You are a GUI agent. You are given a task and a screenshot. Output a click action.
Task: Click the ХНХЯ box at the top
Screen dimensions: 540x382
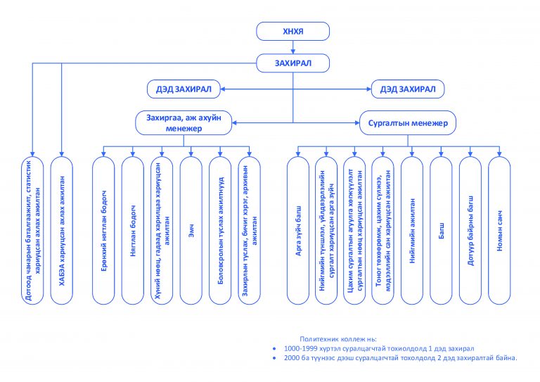292,32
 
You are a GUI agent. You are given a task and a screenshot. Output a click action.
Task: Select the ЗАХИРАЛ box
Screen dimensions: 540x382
292,63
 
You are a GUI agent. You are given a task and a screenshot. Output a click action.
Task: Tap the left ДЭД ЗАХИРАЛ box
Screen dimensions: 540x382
184,89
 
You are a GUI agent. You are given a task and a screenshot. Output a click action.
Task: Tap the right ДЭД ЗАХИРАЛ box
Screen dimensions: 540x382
408,89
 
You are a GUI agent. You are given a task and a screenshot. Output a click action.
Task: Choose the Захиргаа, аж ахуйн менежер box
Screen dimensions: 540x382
184,122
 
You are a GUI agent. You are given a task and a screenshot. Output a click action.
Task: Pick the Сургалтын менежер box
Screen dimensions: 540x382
408,122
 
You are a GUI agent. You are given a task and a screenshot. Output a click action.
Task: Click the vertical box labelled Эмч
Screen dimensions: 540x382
191,231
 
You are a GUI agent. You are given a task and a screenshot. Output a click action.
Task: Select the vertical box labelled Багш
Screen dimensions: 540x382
441,231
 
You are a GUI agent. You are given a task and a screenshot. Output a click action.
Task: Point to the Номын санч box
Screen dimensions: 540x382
500,231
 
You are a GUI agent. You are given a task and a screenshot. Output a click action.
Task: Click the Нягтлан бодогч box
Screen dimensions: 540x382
133,231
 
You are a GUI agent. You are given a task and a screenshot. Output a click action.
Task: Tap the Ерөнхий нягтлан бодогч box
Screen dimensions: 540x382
103,231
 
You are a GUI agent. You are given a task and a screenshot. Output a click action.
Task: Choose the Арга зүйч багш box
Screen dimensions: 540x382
298,231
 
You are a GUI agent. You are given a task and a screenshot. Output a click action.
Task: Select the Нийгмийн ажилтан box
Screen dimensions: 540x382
412,231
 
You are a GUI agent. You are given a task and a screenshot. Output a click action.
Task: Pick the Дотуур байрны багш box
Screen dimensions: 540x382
470,231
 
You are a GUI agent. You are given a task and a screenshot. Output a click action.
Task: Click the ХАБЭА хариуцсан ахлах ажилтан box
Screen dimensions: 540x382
62,231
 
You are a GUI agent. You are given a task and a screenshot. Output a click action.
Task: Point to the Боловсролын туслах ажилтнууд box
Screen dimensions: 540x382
220,231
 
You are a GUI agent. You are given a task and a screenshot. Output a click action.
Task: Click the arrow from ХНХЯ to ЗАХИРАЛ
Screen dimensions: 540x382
293,47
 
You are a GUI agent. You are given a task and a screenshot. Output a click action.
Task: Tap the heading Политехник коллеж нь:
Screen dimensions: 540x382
338,339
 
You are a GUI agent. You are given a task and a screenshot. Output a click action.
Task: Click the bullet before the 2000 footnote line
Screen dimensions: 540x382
274,358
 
